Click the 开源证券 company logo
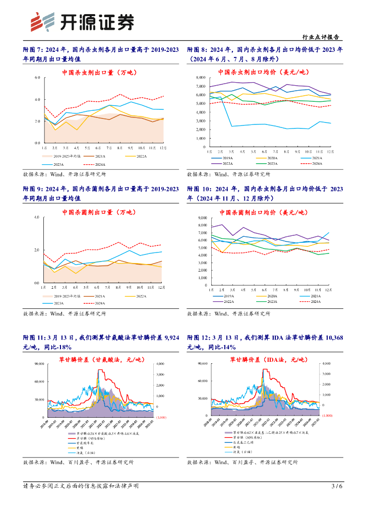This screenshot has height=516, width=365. coord(83,21)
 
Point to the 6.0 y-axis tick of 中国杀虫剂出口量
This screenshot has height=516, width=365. coord(37,78)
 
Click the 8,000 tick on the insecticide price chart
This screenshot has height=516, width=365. coord(200,78)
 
